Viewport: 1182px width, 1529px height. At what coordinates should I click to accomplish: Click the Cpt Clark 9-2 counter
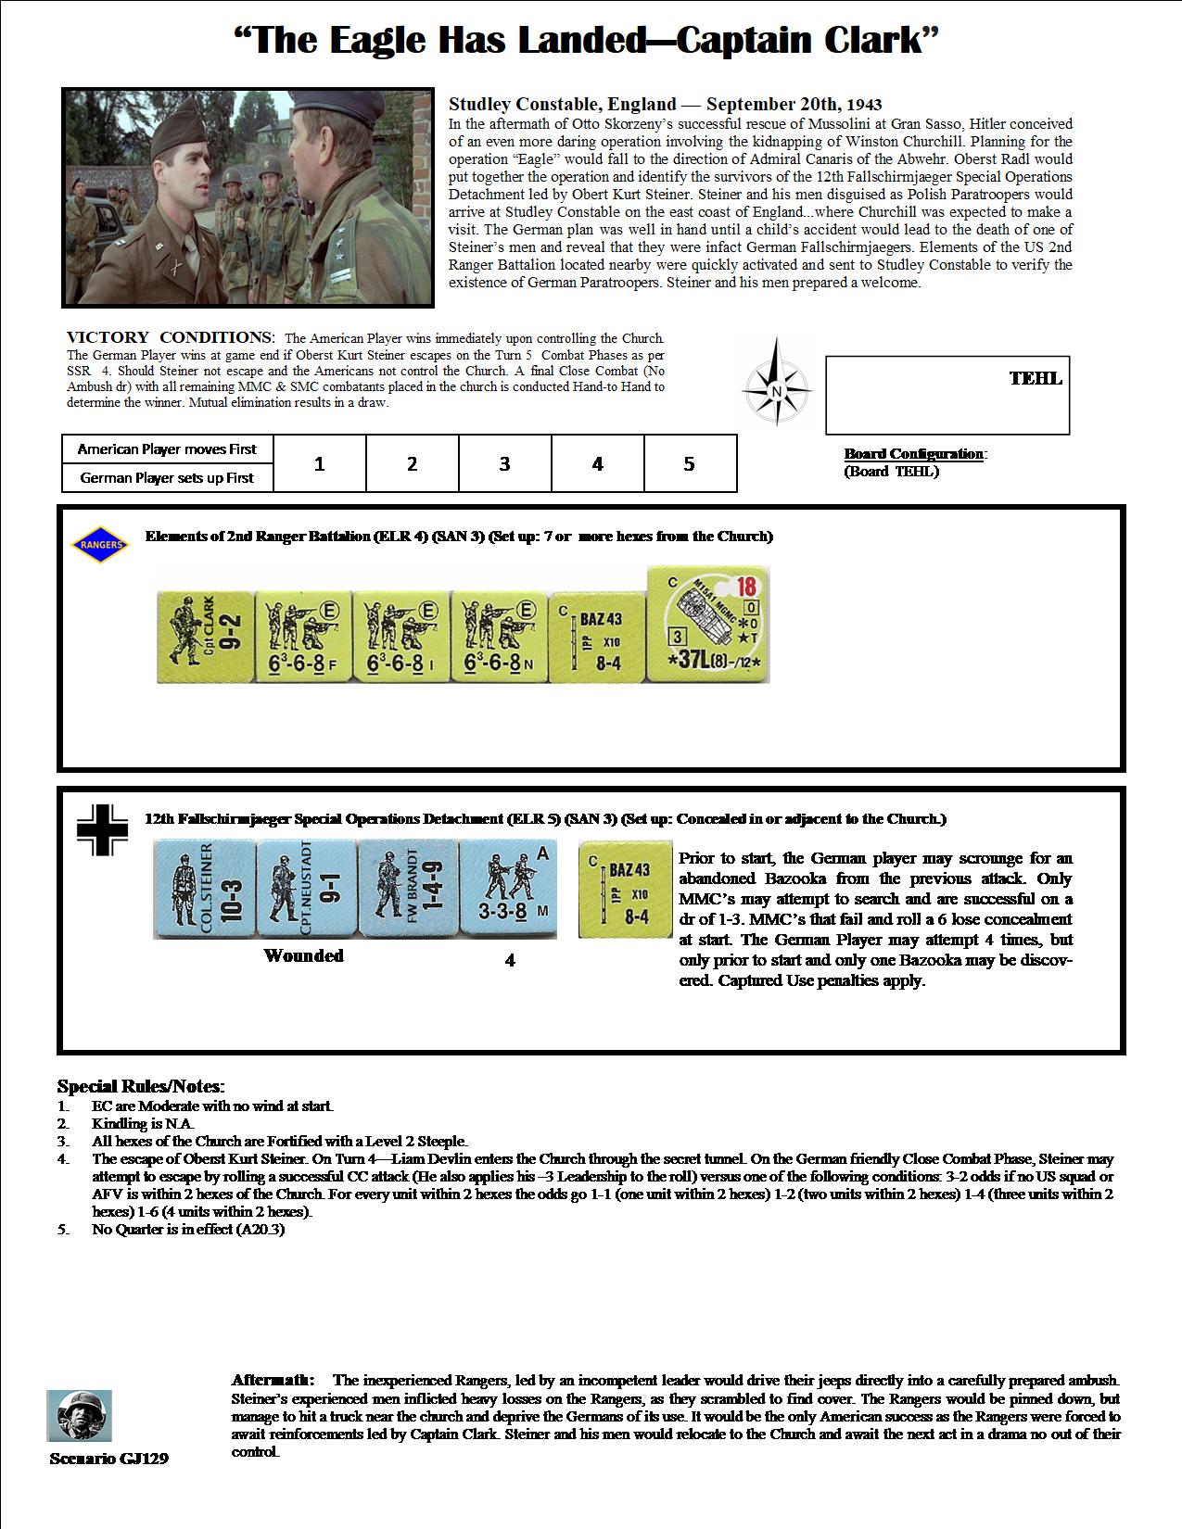coord(204,637)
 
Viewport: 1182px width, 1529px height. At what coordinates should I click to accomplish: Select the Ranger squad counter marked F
coord(302,637)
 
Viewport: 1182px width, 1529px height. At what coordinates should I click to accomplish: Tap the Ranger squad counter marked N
coord(500,637)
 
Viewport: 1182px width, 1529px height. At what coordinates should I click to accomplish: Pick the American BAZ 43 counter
coord(598,637)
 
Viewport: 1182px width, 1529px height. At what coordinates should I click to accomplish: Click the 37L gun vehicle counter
coord(707,625)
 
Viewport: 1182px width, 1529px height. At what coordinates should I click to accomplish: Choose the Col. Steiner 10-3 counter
coord(203,889)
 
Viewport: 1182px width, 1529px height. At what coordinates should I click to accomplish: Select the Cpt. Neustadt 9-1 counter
coord(305,889)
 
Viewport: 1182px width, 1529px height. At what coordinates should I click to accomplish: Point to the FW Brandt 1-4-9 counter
coord(407,889)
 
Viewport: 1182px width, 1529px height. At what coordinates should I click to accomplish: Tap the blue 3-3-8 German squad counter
coord(509,889)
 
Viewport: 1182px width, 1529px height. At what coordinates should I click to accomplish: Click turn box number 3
coord(504,463)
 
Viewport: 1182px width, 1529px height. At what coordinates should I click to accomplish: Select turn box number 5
coord(689,463)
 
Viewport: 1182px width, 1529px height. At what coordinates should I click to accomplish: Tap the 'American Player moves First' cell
coord(167,449)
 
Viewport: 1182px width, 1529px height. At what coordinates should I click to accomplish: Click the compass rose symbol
coord(777,390)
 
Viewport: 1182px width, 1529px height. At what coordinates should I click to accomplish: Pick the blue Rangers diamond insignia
coord(100,545)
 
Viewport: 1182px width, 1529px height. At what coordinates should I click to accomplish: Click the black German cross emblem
coord(102,828)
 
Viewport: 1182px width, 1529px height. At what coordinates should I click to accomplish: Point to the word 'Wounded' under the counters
coord(303,955)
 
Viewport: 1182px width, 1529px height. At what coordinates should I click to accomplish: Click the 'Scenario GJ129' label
coord(109,1459)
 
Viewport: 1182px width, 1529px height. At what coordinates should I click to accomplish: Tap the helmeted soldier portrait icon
coord(80,1415)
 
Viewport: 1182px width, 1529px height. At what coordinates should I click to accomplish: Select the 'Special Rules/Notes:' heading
coord(141,1086)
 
